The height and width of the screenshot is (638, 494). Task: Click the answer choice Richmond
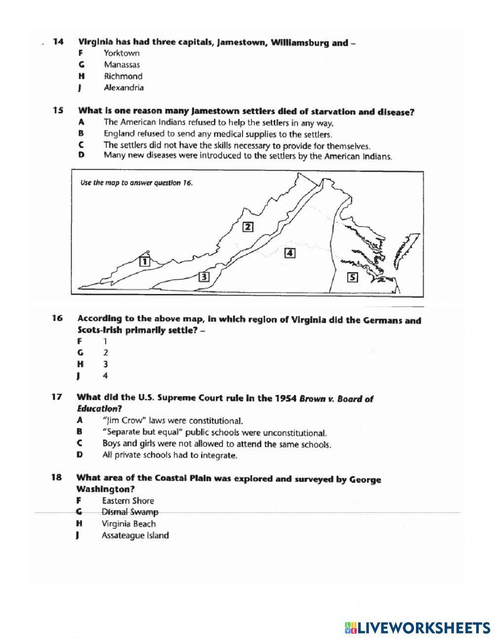tap(123, 76)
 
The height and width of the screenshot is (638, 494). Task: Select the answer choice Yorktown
tap(122, 53)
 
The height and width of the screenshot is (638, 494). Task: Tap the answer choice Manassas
tap(122, 65)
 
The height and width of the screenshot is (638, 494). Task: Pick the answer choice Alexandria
tap(123, 88)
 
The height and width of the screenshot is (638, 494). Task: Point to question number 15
tap(58, 111)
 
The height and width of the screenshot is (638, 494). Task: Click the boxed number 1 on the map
tap(145, 261)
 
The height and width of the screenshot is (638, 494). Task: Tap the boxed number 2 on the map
tap(247, 227)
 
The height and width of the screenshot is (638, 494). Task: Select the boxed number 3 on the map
tap(204, 277)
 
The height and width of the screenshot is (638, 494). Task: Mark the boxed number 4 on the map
tap(290, 253)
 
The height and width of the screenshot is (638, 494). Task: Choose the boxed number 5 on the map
tap(352, 277)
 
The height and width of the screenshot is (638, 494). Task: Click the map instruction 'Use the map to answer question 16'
tap(136, 183)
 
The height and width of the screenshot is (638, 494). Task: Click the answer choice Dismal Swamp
tap(130, 512)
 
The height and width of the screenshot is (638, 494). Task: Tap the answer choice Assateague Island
tap(135, 535)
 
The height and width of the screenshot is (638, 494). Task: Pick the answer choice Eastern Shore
tap(128, 501)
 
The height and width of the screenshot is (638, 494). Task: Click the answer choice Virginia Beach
tap(128, 524)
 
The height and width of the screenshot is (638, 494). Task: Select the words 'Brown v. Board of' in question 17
tap(336, 399)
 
